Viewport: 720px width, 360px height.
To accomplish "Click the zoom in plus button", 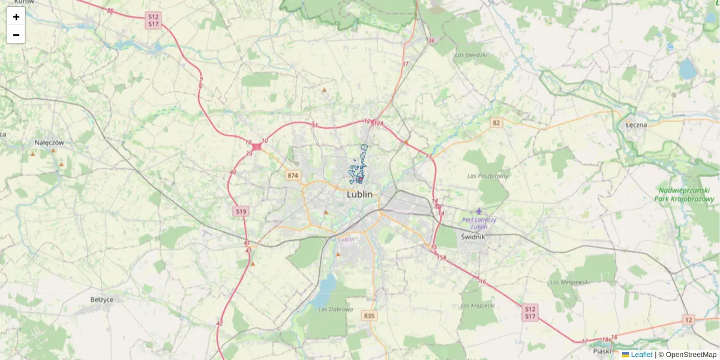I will [16, 17].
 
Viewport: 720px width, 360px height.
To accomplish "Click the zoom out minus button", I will [16, 35].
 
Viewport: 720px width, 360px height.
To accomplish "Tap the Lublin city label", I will [359, 194].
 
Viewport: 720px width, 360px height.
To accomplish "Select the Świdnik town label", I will [473, 237].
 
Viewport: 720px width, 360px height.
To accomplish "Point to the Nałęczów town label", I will [49, 143].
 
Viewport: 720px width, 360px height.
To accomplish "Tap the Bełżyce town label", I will [102, 299].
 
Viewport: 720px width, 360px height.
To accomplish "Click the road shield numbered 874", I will [292, 175].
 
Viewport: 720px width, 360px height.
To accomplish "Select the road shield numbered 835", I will [370, 316].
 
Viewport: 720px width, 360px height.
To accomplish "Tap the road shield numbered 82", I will [496, 122].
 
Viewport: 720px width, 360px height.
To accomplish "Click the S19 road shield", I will [241, 211].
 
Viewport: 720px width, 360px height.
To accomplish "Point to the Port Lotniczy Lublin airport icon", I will [479, 211].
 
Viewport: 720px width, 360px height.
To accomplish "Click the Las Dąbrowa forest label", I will [331, 310].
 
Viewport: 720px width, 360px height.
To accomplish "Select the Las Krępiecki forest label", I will [478, 305].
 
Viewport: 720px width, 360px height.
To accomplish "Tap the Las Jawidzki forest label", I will [470, 55].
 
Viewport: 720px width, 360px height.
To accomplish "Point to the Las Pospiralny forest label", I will [488, 176].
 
